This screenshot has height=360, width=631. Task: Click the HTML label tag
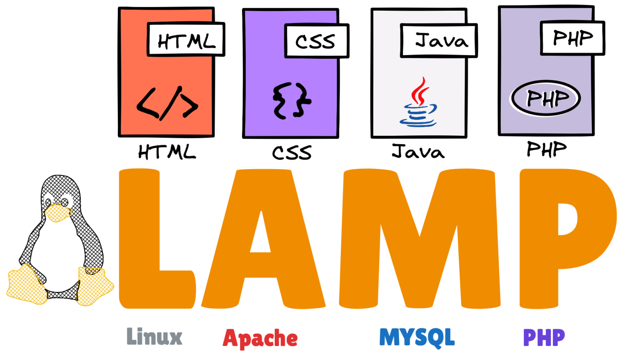(x=185, y=40)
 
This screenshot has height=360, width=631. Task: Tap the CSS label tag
(x=315, y=41)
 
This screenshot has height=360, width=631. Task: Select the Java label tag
(x=438, y=40)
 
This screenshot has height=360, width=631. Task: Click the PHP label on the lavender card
(x=572, y=38)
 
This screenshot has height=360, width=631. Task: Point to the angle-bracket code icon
(x=167, y=103)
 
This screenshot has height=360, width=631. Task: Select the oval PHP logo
(x=545, y=99)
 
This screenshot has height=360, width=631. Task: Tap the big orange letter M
(x=419, y=238)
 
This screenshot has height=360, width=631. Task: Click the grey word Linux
(x=154, y=337)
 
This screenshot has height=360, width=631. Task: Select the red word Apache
(x=260, y=339)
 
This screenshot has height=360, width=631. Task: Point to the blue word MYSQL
(x=417, y=337)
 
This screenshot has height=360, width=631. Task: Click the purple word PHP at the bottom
(x=544, y=337)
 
